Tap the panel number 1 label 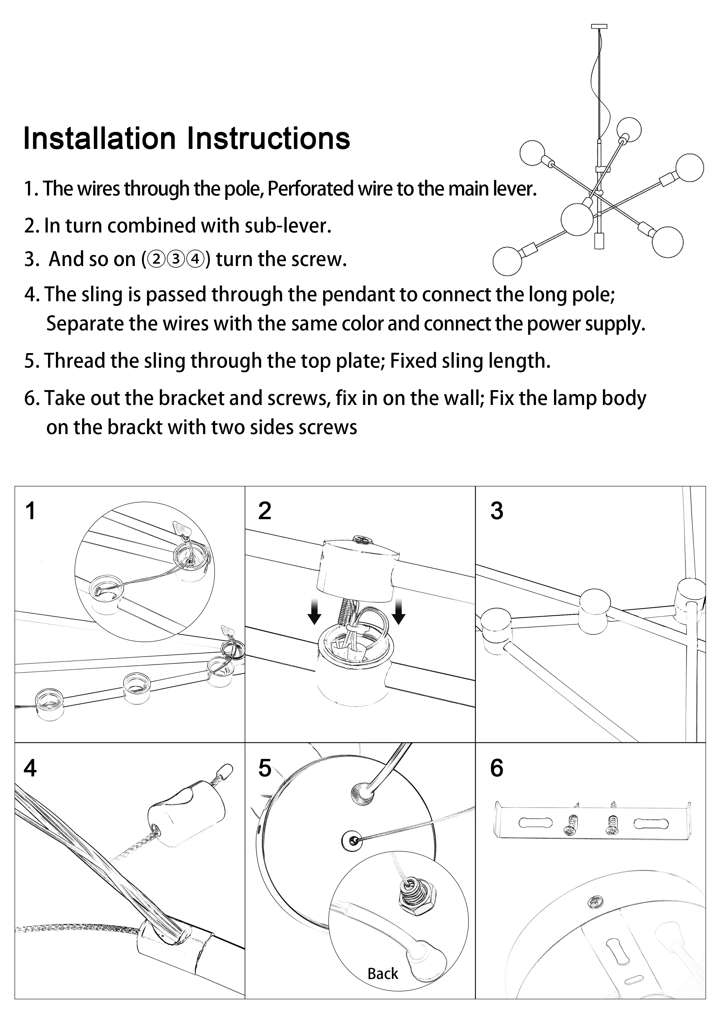pos(30,511)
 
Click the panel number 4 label pos(30,768)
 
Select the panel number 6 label pos(496,768)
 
